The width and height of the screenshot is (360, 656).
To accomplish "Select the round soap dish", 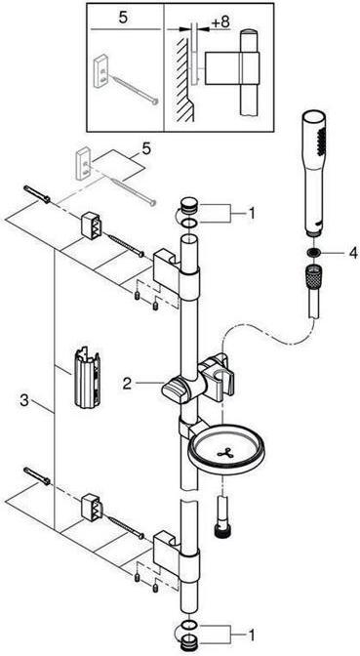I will [x=225, y=455].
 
